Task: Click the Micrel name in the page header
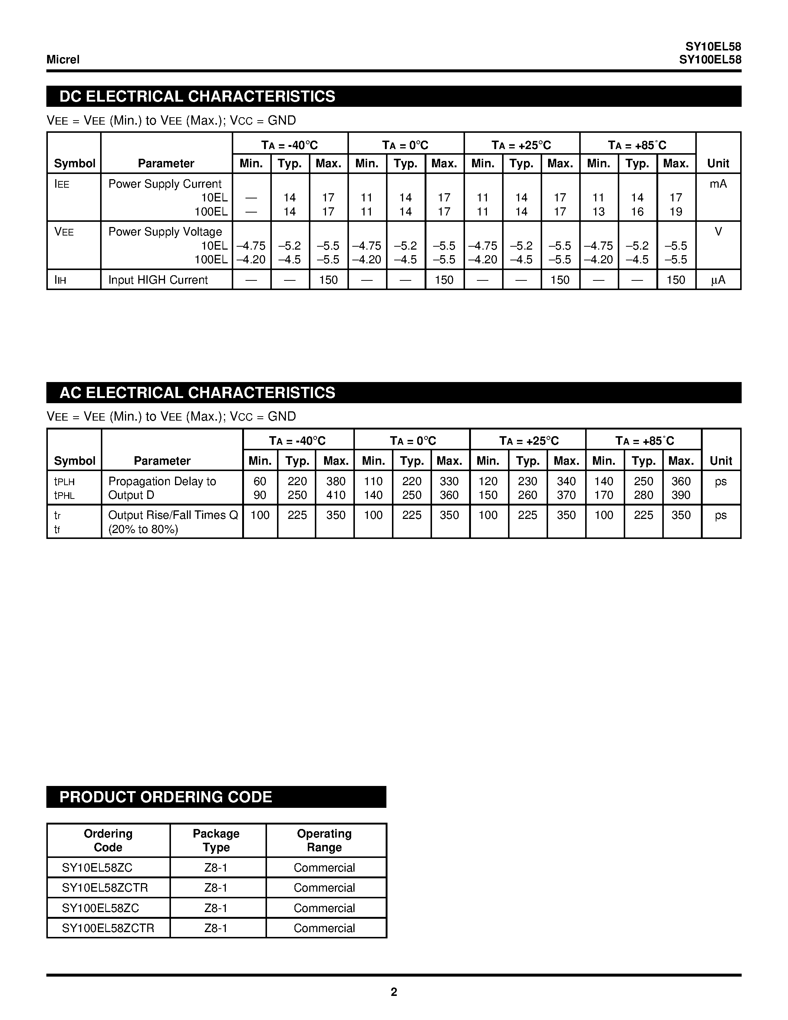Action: [63, 59]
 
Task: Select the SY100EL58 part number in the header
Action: [710, 60]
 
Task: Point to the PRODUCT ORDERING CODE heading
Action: [166, 797]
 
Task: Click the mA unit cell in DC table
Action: [718, 184]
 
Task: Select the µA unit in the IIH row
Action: [718, 280]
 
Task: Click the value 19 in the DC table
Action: [676, 211]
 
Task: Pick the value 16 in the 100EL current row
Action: [637, 211]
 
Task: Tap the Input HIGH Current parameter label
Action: [158, 280]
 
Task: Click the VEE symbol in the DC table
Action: [64, 232]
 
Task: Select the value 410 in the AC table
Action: [336, 495]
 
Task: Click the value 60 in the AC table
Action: [260, 481]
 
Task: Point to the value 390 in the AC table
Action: [680, 495]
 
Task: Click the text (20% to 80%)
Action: [143, 529]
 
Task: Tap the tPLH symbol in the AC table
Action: [64, 481]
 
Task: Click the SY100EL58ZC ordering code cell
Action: [100, 908]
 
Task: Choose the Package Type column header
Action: [216, 840]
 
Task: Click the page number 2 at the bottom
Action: [393, 991]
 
